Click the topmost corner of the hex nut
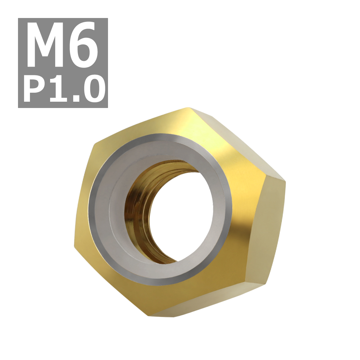click(187, 107)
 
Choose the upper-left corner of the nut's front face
click(94, 144)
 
